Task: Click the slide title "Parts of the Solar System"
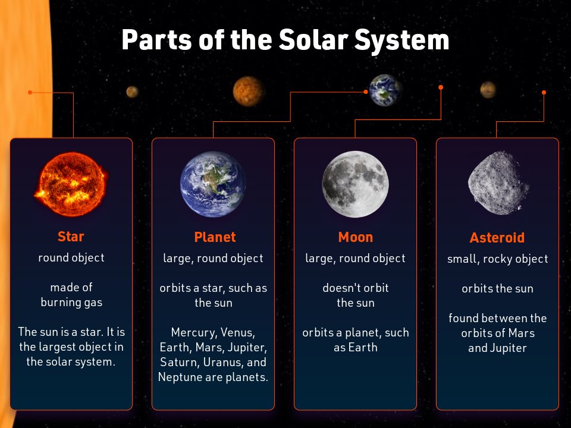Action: [285, 40]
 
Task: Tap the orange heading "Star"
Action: [71, 237]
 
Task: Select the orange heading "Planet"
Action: [215, 237]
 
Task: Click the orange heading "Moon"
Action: [355, 237]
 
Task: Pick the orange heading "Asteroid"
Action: [497, 238]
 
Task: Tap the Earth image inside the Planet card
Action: [213, 184]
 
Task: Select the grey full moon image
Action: [355, 184]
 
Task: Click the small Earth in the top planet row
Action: [385, 90]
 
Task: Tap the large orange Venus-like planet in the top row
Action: [248, 91]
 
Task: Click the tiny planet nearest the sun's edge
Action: [132, 92]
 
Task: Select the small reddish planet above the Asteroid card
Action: [488, 90]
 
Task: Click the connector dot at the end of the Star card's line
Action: [30, 92]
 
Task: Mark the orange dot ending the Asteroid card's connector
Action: [544, 92]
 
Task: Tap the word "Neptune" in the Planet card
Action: [179, 377]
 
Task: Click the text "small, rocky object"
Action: [497, 259]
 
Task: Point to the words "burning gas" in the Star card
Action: [71, 302]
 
